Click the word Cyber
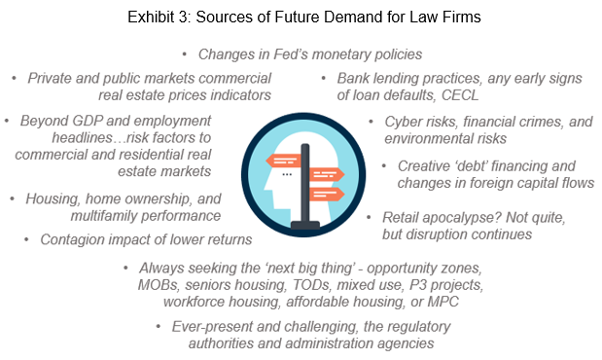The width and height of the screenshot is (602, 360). click(x=403, y=123)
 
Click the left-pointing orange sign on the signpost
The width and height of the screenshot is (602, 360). click(x=283, y=161)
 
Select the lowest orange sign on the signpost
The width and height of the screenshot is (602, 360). click(x=327, y=194)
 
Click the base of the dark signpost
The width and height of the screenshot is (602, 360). click(x=305, y=225)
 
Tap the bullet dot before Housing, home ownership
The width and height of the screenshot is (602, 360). click(x=13, y=199)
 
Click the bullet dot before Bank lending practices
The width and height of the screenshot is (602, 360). click(x=324, y=79)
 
